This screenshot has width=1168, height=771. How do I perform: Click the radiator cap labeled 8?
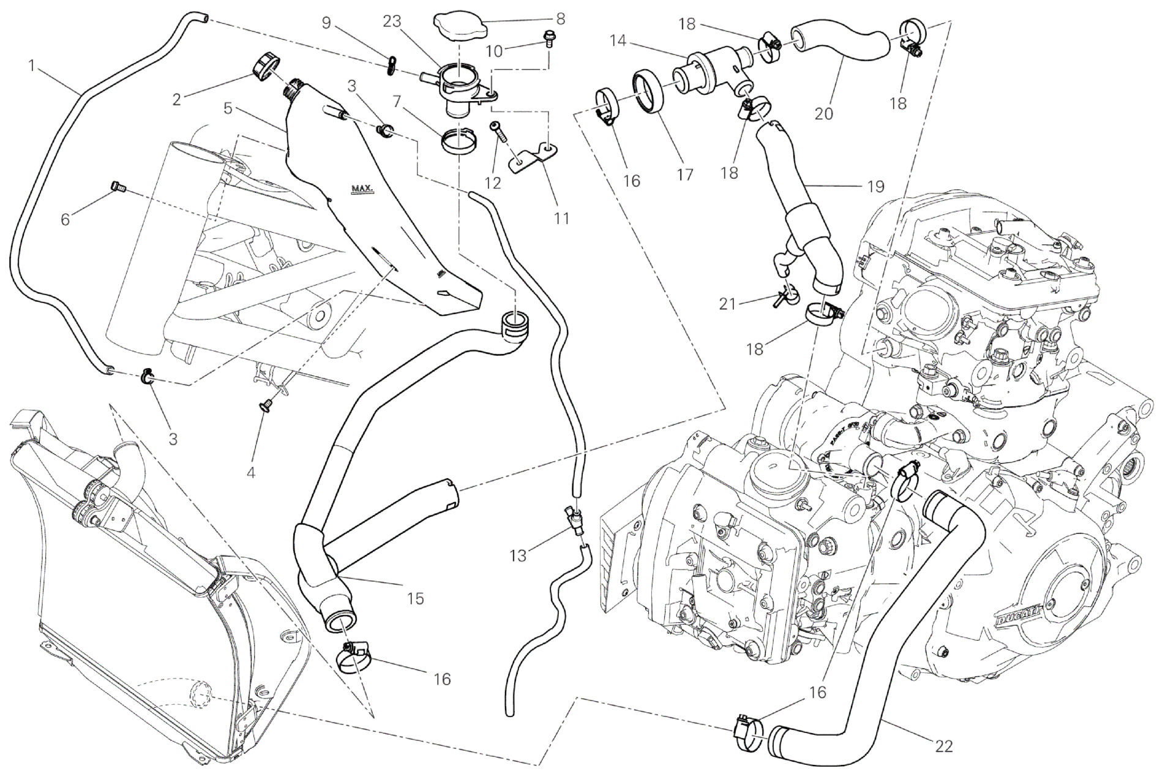pos(459,25)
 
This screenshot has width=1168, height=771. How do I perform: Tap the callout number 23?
pos(392,22)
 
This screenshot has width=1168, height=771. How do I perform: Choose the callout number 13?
pos(518,555)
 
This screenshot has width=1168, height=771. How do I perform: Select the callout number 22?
pos(943,746)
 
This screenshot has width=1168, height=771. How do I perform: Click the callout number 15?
pos(415,598)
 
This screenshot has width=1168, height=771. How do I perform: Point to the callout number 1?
pos(31,64)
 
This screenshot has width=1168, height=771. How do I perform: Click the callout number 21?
pos(727,303)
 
